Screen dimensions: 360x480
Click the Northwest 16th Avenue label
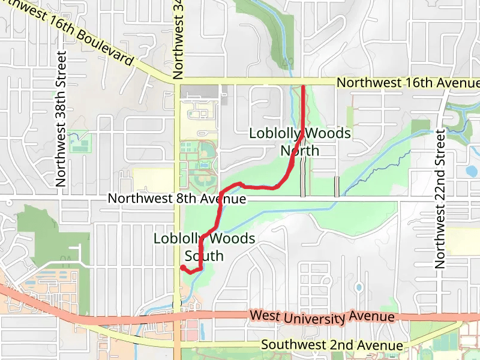(x=408, y=83)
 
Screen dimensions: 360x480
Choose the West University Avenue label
(x=322, y=316)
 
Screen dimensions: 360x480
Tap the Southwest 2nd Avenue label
(x=332, y=345)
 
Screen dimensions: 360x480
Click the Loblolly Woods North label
(x=300, y=142)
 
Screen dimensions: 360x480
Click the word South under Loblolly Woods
(x=204, y=256)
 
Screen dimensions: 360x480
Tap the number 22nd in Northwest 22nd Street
(x=441, y=174)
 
